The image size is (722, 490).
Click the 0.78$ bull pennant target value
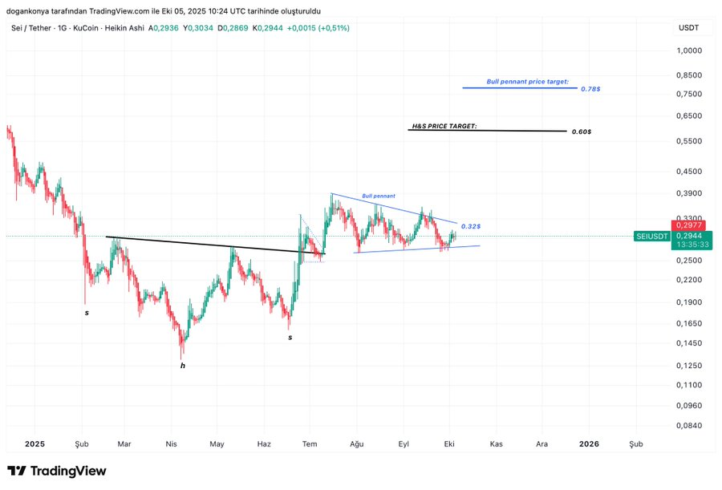click(x=590, y=89)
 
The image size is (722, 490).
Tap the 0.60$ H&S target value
click(x=582, y=132)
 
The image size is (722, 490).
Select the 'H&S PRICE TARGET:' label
click(x=444, y=126)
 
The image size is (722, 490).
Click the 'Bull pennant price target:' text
click(x=527, y=82)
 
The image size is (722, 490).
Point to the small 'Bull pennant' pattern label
click(x=378, y=196)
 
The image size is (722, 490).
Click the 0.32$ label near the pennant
click(x=471, y=226)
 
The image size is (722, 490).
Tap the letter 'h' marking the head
click(x=183, y=366)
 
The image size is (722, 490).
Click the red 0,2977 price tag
click(x=688, y=226)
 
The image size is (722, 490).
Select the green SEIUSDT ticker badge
click(x=651, y=237)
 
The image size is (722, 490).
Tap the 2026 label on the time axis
click(x=589, y=443)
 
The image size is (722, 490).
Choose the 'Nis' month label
click(x=171, y=443)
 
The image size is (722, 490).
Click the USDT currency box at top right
click(x=688, y=28)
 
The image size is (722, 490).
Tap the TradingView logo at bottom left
click(x=56, y=471)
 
